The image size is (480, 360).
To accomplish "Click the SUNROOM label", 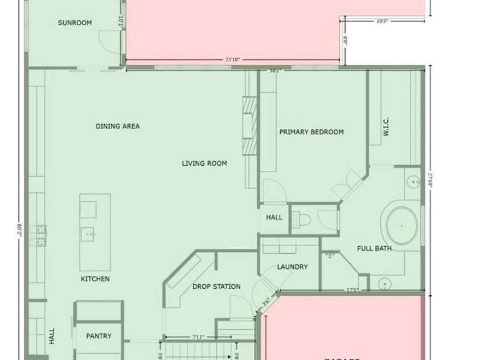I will (x=75, y=23).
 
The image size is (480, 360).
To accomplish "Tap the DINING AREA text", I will (x=118, y=126).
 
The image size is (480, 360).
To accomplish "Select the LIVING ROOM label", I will (x=204, y=163).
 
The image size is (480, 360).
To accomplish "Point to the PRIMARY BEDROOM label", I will (x=311, y=132).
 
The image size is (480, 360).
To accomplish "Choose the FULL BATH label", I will (x=374, y=248).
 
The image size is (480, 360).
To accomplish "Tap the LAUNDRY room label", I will (x=292, y=267).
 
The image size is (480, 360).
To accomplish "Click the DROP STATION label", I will (x=216, y=287).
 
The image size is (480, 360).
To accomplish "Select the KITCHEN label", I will (x=95, y=279).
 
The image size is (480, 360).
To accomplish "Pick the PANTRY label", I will (x=99, y=336).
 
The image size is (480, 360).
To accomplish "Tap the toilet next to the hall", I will (x=303, y=219).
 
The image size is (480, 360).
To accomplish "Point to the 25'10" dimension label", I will (x=233, y=59).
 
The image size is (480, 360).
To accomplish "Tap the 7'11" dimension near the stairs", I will (x=198, y=337).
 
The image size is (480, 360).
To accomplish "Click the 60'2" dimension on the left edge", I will (x=19, y=231).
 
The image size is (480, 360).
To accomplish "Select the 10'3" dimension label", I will (x=382, y=22).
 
